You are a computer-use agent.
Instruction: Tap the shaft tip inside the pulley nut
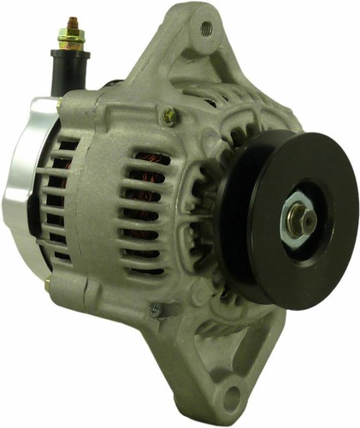click(305, 218)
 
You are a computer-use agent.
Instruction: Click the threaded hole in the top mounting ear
click(206, 28)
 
